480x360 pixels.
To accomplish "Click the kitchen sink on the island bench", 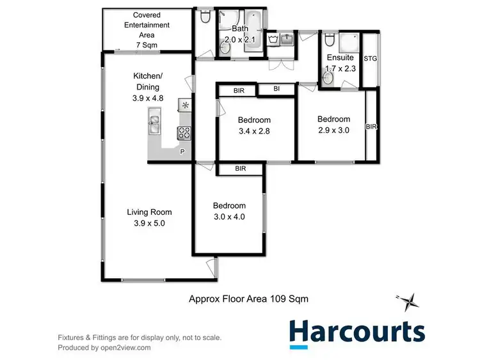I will point(155,122).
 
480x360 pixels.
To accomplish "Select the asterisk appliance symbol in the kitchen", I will point(186,105).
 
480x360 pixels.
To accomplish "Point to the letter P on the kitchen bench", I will point(182,152).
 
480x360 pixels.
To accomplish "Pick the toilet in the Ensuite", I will point(329,40).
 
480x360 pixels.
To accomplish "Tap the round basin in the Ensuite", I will point(328,78).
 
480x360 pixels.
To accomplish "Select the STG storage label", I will point(370,59).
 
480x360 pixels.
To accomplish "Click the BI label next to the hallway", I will point(276,90).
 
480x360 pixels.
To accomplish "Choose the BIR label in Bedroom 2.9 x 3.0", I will point(371,127).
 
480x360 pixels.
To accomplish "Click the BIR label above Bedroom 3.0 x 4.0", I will point(240,169).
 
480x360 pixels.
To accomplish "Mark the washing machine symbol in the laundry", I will point(273,40).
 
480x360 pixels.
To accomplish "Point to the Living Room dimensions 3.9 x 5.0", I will point(149,223).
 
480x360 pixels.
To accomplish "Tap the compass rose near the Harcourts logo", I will point(408,301).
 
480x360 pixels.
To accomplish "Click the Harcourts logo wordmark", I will point(356,331).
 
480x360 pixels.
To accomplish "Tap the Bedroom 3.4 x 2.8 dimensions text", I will point(254,130).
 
